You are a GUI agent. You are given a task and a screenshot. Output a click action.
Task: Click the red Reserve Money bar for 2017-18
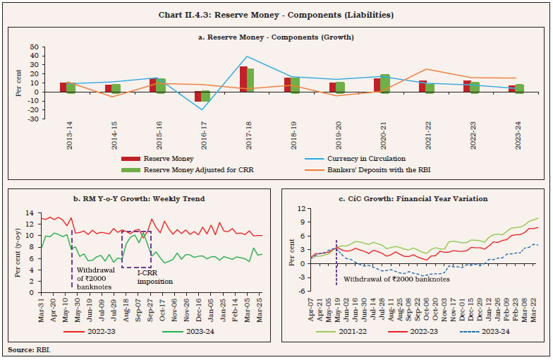click(243, 79)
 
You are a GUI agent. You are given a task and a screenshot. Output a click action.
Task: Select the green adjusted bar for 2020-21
click(385, 83)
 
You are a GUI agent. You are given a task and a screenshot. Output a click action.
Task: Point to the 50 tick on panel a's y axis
click(33, 46)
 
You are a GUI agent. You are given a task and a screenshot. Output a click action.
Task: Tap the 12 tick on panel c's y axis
click(300, 209)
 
